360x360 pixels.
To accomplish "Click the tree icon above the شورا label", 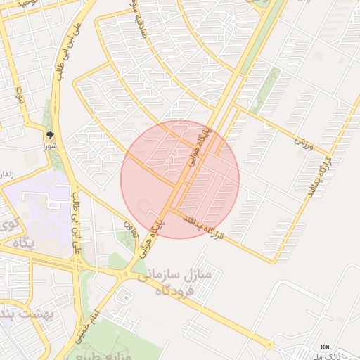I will (50, 134).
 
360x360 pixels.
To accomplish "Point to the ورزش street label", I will (303, 143).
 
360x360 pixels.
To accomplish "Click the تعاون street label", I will (129, 226).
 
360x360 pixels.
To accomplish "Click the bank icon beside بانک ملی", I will (325, 347).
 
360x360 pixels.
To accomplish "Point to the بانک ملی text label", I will (345, 356).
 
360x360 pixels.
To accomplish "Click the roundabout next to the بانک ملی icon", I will (269, 345).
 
